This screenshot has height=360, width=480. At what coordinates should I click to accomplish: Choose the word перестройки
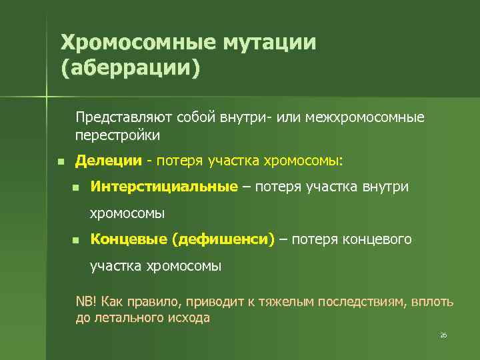(117, 135)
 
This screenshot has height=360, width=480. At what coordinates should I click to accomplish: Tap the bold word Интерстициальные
(164, 186)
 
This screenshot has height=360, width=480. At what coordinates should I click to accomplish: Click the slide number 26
(443, 335)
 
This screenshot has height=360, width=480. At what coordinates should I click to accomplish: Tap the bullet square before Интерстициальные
(76, 187)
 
